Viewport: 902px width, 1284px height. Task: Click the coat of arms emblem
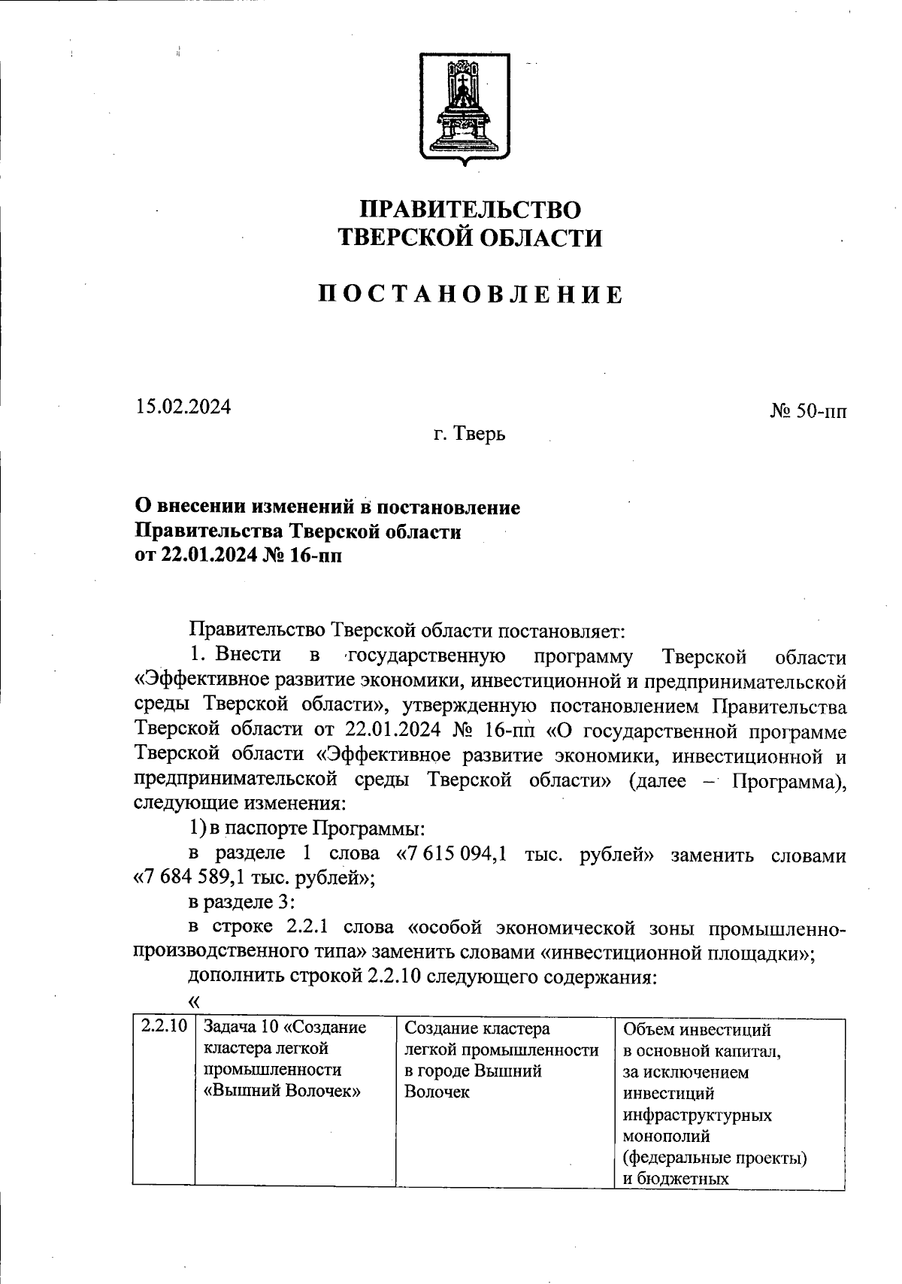point(463,110)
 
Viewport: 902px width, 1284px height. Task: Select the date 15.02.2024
point(183,407)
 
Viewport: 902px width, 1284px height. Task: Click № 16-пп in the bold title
point(305,556)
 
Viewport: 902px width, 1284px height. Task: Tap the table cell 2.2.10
point(163,1027)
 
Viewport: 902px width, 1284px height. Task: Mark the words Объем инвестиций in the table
point(698,1029)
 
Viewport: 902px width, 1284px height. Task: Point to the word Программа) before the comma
point(788,781)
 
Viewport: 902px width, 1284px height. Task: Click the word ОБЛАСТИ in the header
point(540,238)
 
